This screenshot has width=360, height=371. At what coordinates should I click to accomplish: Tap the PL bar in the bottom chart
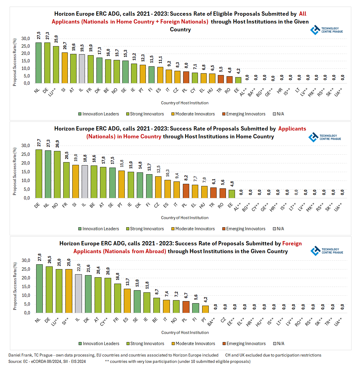coord(186,307)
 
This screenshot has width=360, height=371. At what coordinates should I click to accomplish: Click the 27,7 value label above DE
coord(39,143)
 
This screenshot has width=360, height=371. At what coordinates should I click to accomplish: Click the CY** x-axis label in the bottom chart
coord(104,322)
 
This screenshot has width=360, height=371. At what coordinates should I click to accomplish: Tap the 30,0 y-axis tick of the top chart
coord(26,39)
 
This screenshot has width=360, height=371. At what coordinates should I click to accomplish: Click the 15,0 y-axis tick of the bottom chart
coord(26,287)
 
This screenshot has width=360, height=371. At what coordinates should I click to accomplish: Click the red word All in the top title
coord(302,14)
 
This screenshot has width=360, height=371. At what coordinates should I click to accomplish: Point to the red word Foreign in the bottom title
coord(292,244)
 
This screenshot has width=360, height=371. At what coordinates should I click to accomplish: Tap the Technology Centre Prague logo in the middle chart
coord(324,137)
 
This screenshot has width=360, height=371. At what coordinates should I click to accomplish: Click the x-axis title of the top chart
coord(185,103)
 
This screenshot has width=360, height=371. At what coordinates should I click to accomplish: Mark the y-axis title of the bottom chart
coord(15,286)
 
